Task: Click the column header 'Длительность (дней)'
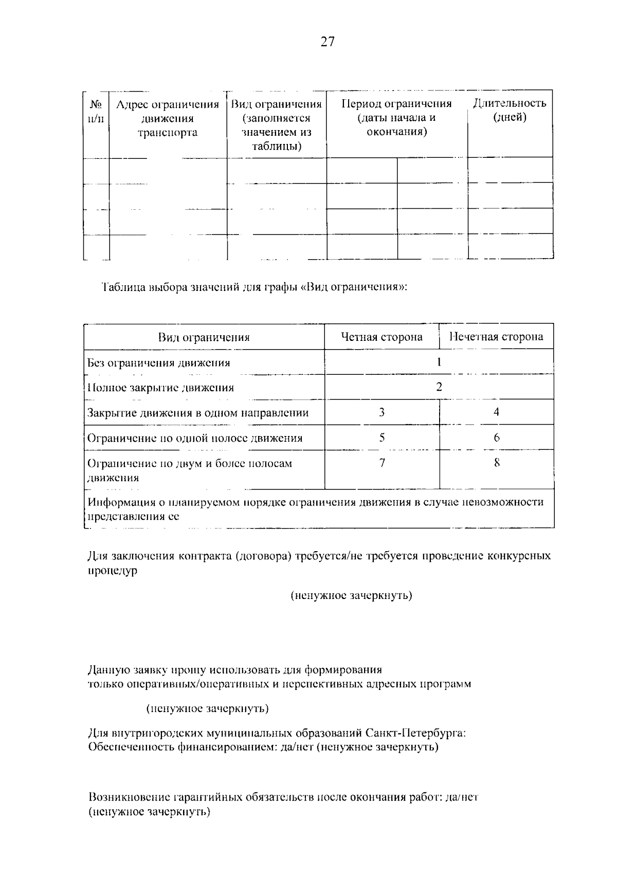tap(510, 110)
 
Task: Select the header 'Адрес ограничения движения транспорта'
tap(168, 119)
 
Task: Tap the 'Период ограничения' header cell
tap(396, 118)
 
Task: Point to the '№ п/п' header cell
tap(96, 112)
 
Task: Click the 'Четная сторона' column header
tap(382, 337)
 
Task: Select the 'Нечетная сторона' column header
tap(497, 337)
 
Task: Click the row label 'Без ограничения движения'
tap(159, 362)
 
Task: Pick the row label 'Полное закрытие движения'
tap(160, 388)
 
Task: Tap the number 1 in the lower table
tap(439, 362)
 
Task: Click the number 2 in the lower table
tap(439, 387)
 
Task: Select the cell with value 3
tap(382, 412)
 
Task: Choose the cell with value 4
tap(497, 412)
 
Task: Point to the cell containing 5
tap(382, 438)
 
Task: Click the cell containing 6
tap(497, 438)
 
